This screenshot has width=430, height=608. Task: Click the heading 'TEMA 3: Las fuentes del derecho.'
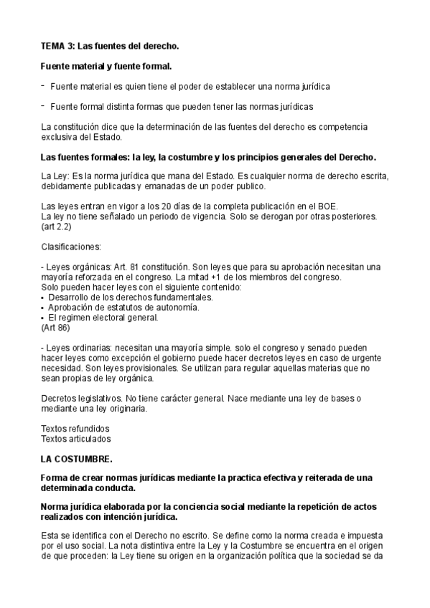pyautogui.click(x=110, y=46)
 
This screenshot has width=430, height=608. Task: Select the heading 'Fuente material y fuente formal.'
pyautogui.click(x=106, y=67)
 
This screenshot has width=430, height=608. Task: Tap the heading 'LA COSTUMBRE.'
pyautogui.click(x=77, y=456)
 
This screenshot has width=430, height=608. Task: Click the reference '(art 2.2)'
pyautogui.click(x=57, y=226)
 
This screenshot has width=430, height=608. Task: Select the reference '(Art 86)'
pyautogui.click(x=56, y=327)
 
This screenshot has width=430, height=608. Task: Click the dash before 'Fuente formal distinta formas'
pyautogui.click(x=43, y=106)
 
